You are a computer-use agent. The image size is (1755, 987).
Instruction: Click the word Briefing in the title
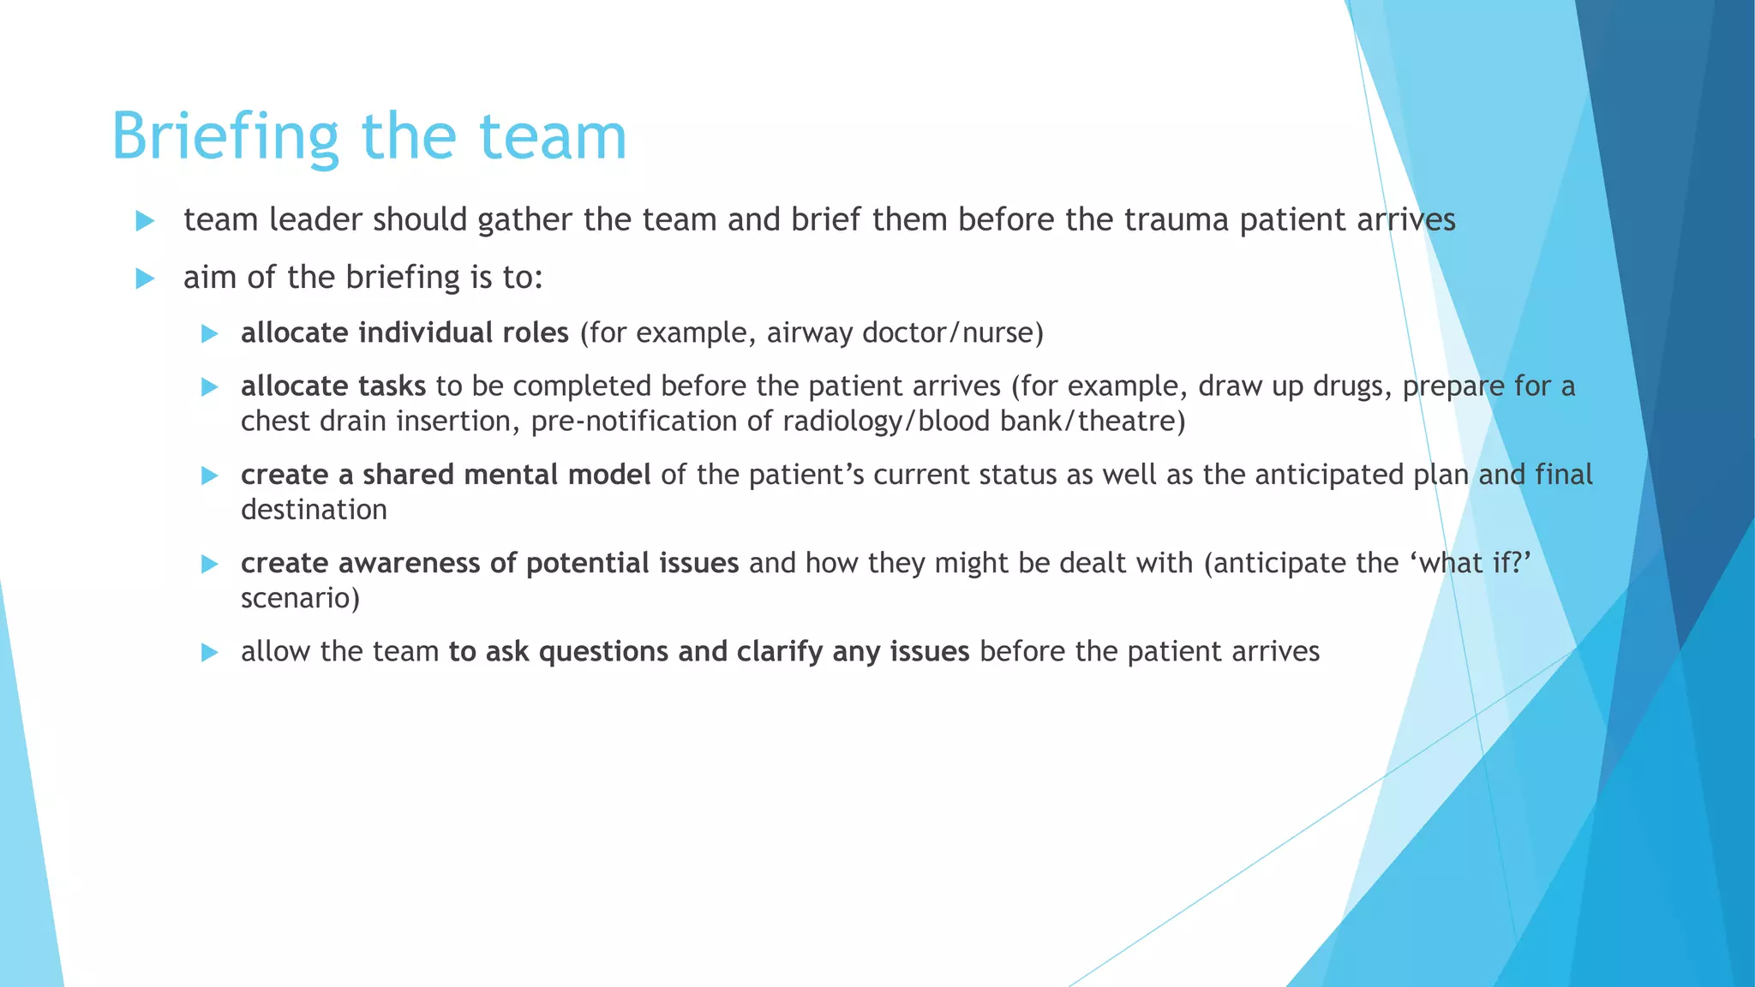coord(225,137)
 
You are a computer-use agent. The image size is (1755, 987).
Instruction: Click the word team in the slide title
coord(552,137)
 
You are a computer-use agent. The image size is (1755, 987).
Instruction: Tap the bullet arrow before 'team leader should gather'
coord(145,221)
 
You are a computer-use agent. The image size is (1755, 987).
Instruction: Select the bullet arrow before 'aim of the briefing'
coord(145,278)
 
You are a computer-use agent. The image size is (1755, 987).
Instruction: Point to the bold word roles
coord(533,332)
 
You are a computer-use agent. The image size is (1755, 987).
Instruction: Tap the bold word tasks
coord(392,386)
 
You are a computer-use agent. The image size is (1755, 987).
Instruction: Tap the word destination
coord(314,510)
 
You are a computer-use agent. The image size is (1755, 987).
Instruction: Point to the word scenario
coord(300,598)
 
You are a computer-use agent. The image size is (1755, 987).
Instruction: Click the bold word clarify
coord(780,652)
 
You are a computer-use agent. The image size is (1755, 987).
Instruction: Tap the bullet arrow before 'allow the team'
coord(210,653)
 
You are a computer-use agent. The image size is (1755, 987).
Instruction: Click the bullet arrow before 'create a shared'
coord(210,476)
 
